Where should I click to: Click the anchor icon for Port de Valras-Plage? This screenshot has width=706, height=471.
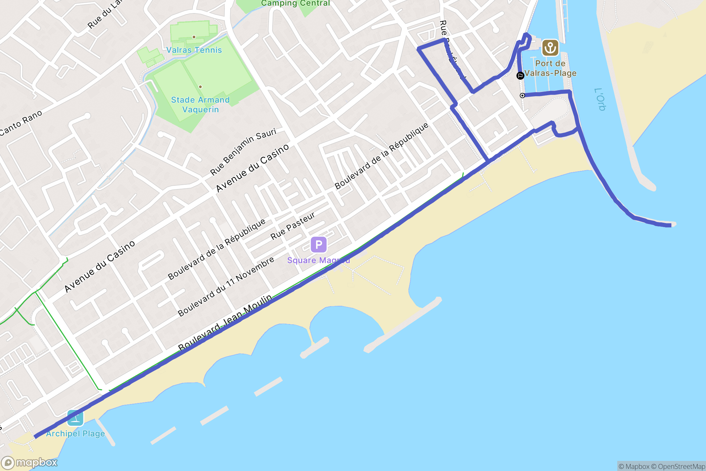(x=550, y=48)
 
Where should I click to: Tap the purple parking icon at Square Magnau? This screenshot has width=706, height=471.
(x=318, y=245)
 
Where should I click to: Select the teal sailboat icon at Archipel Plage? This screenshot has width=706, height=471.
(x=75, y=418)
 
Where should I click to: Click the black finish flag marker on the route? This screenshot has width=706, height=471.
(x=520, y=76)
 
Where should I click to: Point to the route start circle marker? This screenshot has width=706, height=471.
(x=522, y=96)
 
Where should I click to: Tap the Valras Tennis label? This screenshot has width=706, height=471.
(x=194, y=50)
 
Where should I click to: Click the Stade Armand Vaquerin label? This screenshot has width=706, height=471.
(x=200, y=105)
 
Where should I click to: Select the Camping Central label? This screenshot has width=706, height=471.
(x=295, y=3)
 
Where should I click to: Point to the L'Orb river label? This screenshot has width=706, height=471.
(x=600, y=99)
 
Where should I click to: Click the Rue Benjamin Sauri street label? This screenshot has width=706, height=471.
(x=243, y=151)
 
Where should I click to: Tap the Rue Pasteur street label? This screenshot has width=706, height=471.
(x=293, y=226)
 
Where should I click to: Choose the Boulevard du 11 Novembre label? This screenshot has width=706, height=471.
(x=226, y=287)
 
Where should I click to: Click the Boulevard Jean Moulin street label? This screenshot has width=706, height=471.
(x=225, y=322)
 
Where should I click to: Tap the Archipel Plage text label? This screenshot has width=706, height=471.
(x=75, y=434)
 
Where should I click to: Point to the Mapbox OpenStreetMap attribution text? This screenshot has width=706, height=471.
(x=662, y=466)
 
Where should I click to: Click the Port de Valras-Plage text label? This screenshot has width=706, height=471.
(x=550, y=68)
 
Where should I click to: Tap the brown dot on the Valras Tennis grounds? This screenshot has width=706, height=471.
(x=194, y=37)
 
